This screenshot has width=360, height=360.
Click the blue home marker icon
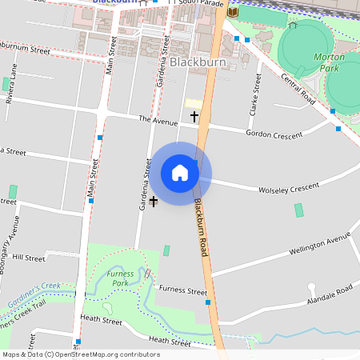point(180,172)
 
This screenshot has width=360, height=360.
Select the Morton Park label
point(329,62)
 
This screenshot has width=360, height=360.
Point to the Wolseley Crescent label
point(288,189)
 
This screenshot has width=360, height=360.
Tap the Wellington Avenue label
point(320,243)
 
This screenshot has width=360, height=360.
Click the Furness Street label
point(183,290)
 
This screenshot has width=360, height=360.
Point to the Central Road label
point(297,87)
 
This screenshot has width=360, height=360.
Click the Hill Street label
point(30,258)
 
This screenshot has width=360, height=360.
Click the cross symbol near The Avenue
point(194,117)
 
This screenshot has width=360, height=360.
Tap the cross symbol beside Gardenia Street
point(154,202)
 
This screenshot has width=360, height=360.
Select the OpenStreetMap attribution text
point(81,354)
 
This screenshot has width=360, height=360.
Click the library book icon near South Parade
point(233,12)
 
